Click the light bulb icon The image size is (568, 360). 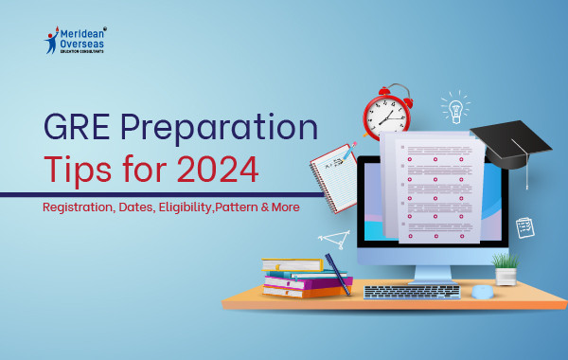coord(454,107)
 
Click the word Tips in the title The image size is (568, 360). coord(80,171)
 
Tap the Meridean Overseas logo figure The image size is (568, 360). coord(52,38)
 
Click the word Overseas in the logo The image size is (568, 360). coord(90,43)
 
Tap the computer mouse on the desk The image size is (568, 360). coord(483,292)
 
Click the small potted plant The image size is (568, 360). coord(506,267)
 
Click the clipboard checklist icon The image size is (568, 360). coord(525,227)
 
